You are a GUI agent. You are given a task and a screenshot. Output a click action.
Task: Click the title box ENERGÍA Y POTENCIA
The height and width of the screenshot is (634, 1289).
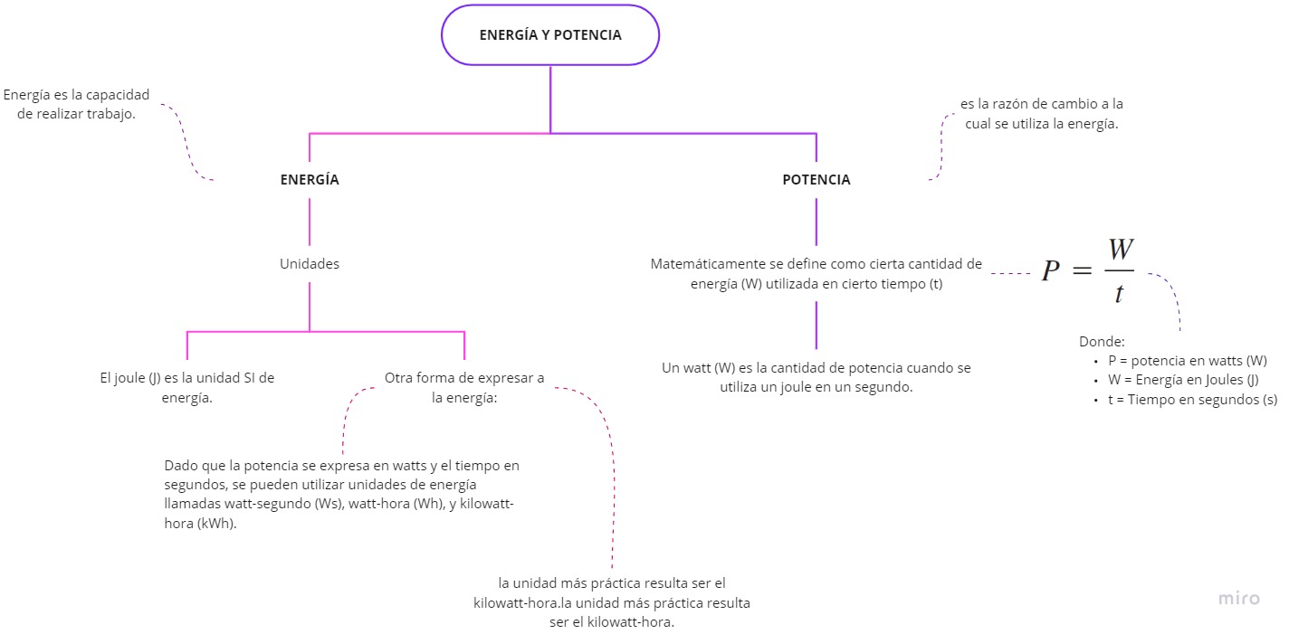pyautogui.click(x=549, y=35)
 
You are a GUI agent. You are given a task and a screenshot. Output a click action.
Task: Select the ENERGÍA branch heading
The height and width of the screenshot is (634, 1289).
pyautogui.click(x=310, y=180)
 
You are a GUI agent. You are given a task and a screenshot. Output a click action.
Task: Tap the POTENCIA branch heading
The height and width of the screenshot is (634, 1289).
pyautogui.click(x=816, y=180)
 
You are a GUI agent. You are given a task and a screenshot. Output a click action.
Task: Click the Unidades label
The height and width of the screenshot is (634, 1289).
pyautogui.click(x=310, y=264)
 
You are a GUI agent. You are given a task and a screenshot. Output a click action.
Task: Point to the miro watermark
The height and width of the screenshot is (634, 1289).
pyautogui.click(x=1238, y=598)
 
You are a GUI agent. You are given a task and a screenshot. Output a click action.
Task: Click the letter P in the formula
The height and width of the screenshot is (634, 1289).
pyautogui.click(x=1050, y=271)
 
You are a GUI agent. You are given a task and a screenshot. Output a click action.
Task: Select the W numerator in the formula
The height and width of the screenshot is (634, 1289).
pyautogui.click(x=1119, y=249)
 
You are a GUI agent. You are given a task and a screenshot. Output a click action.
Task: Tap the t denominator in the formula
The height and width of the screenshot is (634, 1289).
pyautogui.click(x=1119, y=293)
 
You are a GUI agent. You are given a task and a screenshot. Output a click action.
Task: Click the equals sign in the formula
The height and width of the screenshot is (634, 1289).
pyautogui.click(x=1084, y=271)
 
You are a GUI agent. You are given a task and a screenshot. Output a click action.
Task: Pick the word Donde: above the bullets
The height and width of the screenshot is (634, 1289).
pyautogui.click(x=1102, y=342)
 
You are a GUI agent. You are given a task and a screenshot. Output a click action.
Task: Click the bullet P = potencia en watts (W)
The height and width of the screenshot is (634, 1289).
pyautogui.click(x=1187, y=360)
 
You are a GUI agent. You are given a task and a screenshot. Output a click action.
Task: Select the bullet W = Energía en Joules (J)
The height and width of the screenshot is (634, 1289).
pyautogui.click(x=1182, y=380)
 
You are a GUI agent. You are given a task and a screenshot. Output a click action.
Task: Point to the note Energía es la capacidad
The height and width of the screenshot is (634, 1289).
pyautogui.click(x=76, y=104)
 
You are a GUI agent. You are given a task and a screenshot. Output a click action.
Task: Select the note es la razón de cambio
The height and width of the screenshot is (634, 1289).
pyautogui.click(x=1041, y=114)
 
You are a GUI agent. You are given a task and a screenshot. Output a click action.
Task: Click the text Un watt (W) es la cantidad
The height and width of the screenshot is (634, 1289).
pyautogui.click(x=816, y=377)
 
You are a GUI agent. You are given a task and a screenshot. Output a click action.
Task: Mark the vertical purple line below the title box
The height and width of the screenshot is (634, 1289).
pyautogui.click(x=550, y=99)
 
